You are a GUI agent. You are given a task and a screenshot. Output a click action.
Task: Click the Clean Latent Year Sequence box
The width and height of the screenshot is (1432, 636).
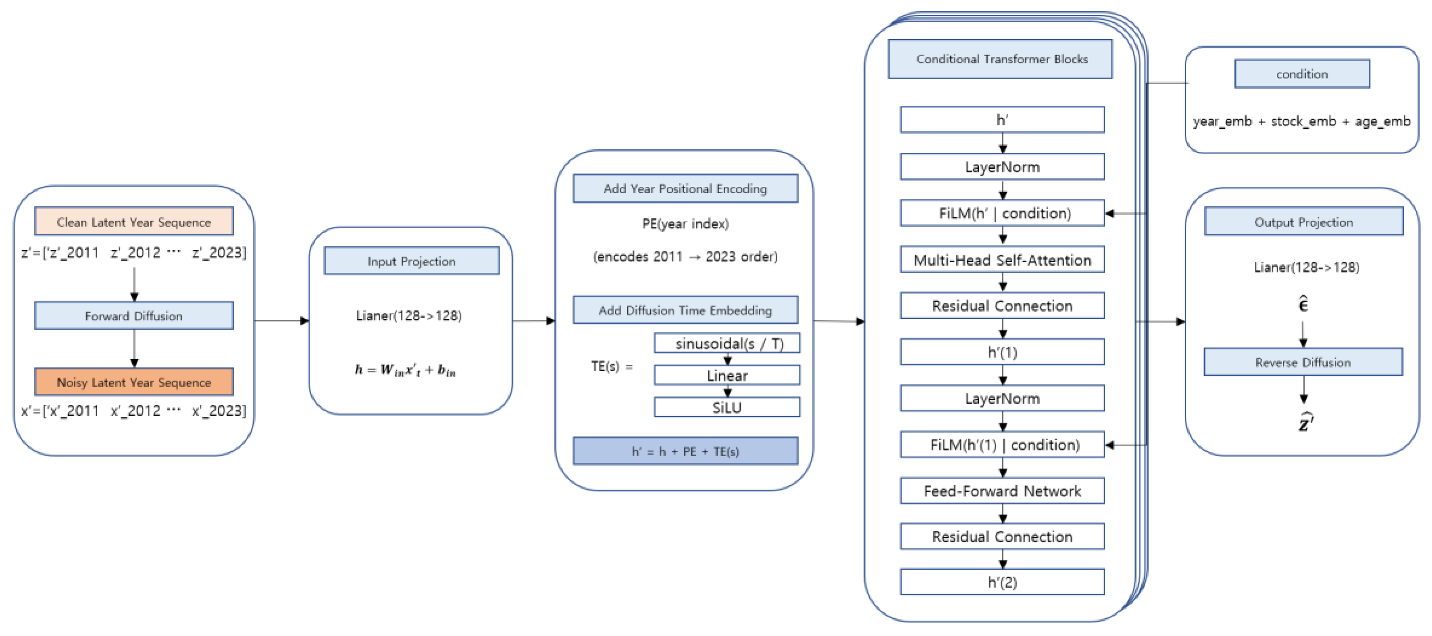tap(133, 222)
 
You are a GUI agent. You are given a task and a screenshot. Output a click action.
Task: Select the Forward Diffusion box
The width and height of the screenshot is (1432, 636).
tap(133, 316)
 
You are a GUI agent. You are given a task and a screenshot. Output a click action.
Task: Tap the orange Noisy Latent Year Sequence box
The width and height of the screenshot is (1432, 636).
tap(133, 382)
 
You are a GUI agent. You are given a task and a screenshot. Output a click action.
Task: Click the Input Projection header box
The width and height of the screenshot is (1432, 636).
tap(411, 261)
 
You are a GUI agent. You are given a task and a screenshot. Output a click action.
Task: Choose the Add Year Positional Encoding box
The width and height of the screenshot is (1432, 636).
tap(685, 188)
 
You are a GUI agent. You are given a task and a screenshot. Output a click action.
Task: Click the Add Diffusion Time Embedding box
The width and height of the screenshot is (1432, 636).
tap(685, 310)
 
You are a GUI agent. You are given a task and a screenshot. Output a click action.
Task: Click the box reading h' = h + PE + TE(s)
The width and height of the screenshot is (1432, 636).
tap(685, 451)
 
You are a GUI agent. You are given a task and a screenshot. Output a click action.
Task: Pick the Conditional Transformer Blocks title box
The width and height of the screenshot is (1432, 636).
tap(1000, 59)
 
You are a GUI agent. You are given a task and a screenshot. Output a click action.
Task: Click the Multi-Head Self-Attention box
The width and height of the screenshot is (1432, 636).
tap(1002, 260)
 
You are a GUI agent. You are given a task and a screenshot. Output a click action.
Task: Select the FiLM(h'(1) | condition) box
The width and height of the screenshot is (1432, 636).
tap(1002, 445)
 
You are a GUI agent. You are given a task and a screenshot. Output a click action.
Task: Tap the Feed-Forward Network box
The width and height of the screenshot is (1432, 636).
tap(1002, 491)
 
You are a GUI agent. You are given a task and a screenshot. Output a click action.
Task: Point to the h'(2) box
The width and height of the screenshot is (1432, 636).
tap(1002, 582)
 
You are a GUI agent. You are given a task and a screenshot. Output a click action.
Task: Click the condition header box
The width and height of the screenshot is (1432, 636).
tap(1301, 74)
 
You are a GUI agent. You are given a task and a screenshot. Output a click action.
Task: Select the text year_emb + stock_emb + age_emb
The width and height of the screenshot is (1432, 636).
tap(1301, 121)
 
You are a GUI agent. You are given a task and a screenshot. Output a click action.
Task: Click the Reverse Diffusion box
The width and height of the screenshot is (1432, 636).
tap(1303, 362)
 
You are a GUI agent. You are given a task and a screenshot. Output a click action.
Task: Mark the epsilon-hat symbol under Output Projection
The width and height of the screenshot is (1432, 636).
tap(1303, 304)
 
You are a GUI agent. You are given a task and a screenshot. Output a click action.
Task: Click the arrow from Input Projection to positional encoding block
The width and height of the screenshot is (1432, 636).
tap(534, 320)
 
